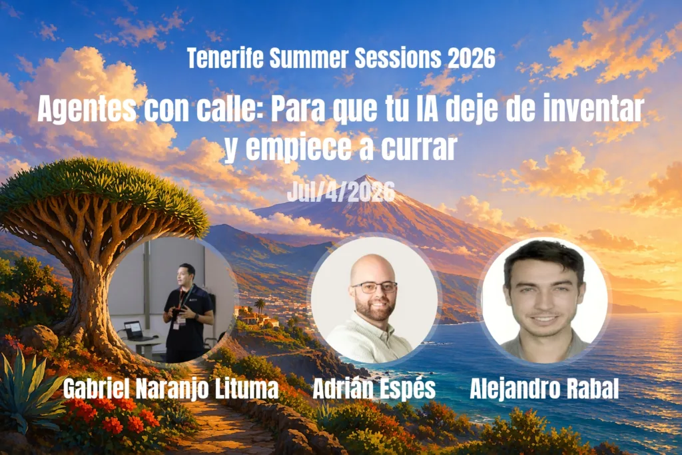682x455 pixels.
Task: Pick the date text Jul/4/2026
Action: click(x=341, y=192)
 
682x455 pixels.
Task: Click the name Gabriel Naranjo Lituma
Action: click(x=171, y=389)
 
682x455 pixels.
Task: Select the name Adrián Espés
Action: click(x=374, y=389)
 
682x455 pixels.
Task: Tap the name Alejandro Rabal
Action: click(x=544, y=388)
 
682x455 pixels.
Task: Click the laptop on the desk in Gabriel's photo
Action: click(x=135, y=331)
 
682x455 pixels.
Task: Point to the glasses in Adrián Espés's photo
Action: click(x=374, y=286)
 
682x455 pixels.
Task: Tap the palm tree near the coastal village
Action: click(x=260, y=305)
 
